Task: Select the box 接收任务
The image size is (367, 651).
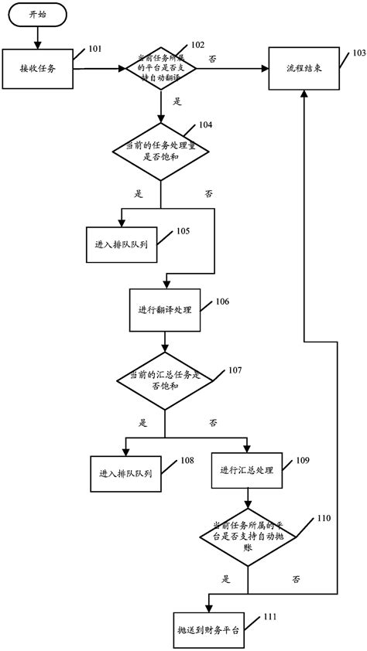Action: tap(36, 69)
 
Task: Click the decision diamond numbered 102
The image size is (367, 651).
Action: tap(161, 69)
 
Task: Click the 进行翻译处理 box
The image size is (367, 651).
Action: tap(165, 309)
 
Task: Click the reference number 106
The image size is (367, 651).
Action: tap(222, 301)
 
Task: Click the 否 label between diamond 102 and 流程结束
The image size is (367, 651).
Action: tap(213, 59)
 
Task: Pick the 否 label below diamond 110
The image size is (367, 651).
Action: tap(297, 578)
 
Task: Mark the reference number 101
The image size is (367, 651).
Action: tap(94, 49)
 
